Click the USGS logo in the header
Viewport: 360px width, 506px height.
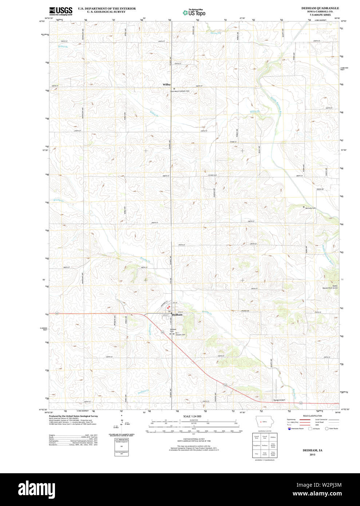coord(61,11)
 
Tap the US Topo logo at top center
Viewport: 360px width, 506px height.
coord(194,13)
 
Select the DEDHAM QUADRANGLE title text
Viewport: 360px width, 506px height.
coord(320,8)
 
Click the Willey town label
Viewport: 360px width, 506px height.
coord(166,84)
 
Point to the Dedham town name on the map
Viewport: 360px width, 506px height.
coord(177,315)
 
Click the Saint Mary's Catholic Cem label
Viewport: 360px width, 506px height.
coord(180,91)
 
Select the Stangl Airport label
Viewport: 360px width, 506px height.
coord(279,400)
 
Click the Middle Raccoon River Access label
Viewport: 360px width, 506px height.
coord(330,287)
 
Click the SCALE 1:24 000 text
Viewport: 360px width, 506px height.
coord(192,416)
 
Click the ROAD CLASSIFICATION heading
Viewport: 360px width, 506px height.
coord(312,416)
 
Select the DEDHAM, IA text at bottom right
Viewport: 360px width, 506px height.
coord(312,450)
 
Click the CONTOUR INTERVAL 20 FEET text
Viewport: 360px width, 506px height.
coord(193,439)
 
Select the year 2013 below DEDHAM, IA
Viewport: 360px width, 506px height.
coord(312,455)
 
